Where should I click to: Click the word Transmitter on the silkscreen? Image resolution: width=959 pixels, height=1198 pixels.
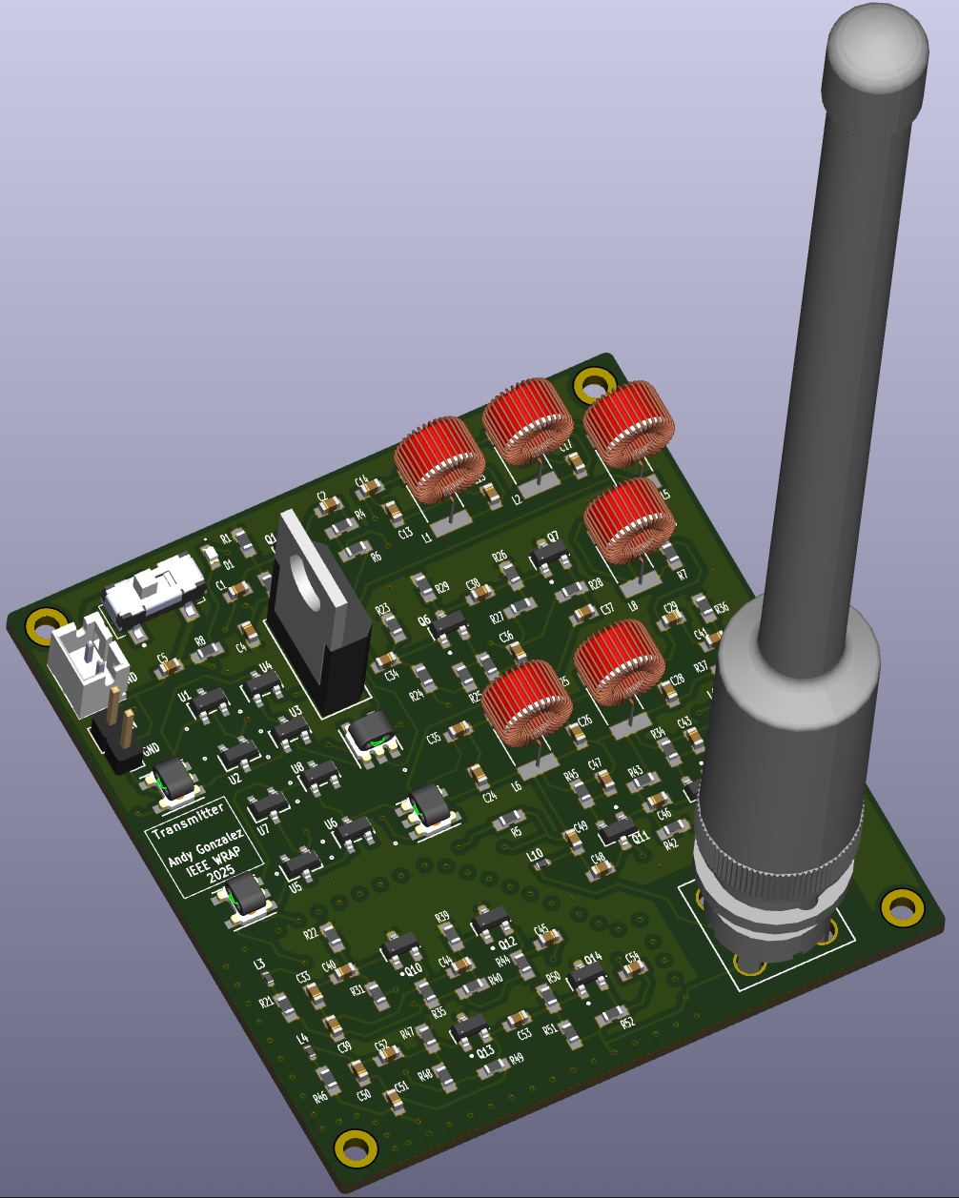click(188, 817)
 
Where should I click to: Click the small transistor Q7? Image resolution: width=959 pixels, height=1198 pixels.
click(548, 554)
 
